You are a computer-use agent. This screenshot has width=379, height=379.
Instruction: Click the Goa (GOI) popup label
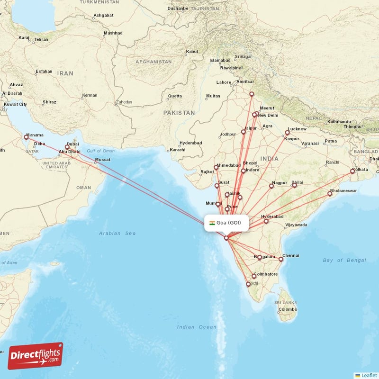(226, 223)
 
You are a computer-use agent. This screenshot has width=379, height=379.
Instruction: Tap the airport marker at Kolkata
(352, 171)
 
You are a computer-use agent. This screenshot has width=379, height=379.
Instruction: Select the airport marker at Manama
(26, 138)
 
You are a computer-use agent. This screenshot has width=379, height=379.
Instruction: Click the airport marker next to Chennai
(281, 259)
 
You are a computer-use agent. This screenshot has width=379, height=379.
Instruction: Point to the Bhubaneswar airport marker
(330, 193)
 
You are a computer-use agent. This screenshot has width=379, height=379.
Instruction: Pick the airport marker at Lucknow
(287, 133)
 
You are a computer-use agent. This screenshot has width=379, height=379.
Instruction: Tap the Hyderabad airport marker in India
(266, 221)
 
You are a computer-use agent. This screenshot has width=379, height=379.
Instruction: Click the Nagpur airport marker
(271, 186)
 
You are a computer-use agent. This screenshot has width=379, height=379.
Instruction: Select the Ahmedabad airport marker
(216, 167)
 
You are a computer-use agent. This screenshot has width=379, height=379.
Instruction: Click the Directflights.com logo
(36, 356)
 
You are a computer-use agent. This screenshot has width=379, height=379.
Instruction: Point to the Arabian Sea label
(117, 233)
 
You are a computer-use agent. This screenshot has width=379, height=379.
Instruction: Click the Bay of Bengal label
(344, 260)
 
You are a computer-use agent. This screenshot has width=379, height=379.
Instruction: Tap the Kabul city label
(192, 52)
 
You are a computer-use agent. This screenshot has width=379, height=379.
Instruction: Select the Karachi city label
(177, 150)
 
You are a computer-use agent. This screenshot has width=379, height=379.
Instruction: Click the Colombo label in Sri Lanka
(288, 309)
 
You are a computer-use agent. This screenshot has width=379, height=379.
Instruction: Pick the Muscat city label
(102, 160)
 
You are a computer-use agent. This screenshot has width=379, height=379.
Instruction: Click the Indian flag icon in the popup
(212, 223)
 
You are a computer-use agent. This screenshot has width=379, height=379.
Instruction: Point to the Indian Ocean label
(197, 327)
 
